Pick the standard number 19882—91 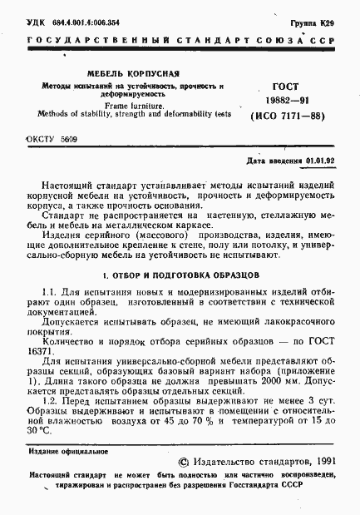[288, 100]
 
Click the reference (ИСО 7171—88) [288, 117]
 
